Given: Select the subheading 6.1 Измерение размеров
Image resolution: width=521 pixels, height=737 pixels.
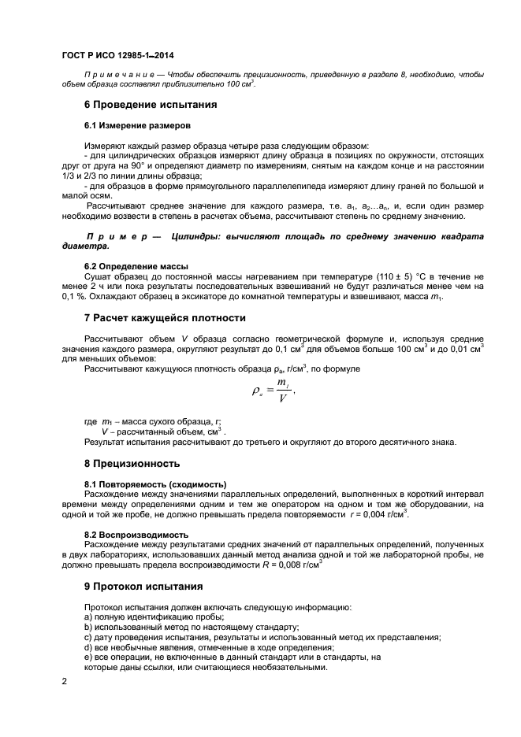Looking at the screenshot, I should coord(136,125).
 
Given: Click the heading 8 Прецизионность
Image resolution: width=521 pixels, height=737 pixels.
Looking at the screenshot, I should coord(132,463).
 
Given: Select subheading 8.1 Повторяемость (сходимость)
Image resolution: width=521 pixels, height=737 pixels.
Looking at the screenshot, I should coord(155,483).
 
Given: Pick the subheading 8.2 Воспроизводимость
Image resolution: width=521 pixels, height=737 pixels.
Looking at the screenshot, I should coord(135,534).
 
